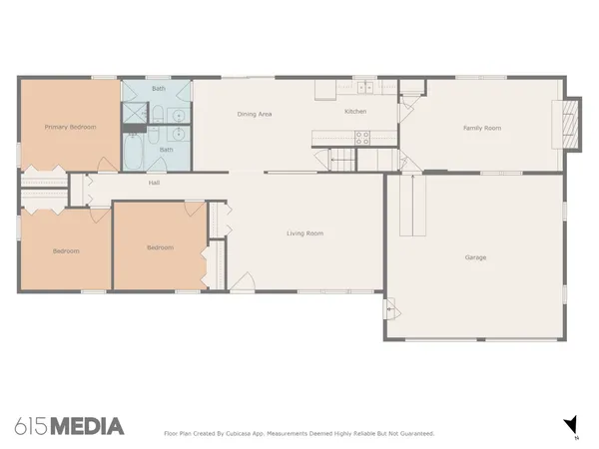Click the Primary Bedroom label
[70, 127]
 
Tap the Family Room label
[482, 128]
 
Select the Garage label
[475, 257]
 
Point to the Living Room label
[304, 233]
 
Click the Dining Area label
[255, 114]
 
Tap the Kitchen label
[355, 111]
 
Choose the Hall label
[154, 183]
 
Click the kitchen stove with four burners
[362, 138]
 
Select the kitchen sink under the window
[365, 88]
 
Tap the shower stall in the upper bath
[135, 113]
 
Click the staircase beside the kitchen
[342, 160]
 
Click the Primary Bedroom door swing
[108, 165]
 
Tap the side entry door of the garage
[392, 309]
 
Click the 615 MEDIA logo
[69, 426]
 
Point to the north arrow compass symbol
[571, 425]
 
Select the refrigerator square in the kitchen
[325, 90]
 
